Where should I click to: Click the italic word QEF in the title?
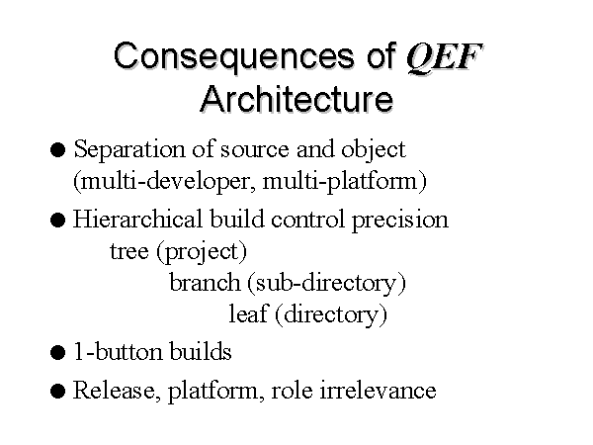pyautogui.click(x=445, y=57)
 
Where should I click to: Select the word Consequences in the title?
pyautogui.click(x=234, y=56)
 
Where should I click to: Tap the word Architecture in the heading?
pyautogui.click(x=296, y=99)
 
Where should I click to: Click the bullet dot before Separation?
pyautogui.click(x=57, y=150)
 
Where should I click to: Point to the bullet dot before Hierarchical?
pyautogui.click(x=57, y=220)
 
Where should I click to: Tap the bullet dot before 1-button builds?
pyautogui.click(x=57, y=352)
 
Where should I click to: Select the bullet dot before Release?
pyautogui.click(x=57, y=391)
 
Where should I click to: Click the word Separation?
pyautogui.click(x=128, y=150)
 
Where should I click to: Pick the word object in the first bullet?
pyautogui.click(x=374, y=150)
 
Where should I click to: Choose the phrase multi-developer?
pyautogui.click(x=165, y=182)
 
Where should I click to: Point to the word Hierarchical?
pyautogui.click(x=137, y=219)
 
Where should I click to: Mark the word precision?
pyautogui.click(x=400, y=221)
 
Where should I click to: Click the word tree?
pyautogui.click(x=128, y=251)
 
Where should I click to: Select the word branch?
pyautogui.click(x=205, y=282)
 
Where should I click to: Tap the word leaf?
pyautogui.click(x=248, y=313)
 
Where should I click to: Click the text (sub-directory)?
pyautogui.click(x=327, y=284)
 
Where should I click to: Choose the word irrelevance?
pyautogui.click(x=378, y=391)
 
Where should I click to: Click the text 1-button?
pyautogui.click(x=118, y=351)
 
